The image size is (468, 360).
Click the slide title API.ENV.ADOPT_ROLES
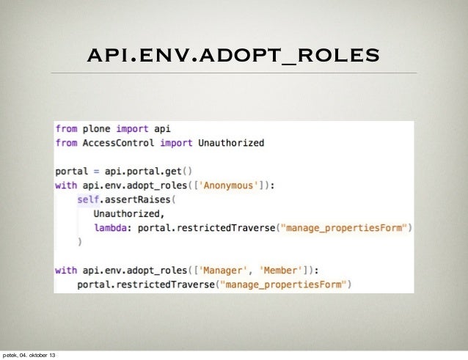point(233,55)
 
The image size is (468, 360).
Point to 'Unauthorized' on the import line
point(231,142)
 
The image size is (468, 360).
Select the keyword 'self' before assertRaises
point(87,199)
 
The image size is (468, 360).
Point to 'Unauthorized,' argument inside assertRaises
point(126,213)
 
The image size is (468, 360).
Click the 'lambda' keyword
point(109,227)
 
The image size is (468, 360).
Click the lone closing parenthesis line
point(79,241)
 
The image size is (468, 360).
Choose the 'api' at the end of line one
point(161,128)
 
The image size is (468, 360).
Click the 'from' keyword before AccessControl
point(66,142)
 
